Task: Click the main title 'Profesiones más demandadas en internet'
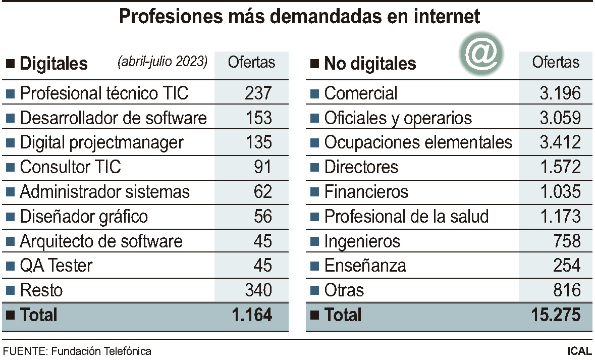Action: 299,17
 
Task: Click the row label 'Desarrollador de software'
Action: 113,118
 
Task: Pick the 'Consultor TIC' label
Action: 70,167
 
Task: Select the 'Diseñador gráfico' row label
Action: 84,217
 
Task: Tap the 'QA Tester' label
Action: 56,266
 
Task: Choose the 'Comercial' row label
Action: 360,93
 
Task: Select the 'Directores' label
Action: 361,167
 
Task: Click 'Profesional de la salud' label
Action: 406,217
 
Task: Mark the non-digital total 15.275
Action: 556,315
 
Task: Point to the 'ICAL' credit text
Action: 579,351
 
